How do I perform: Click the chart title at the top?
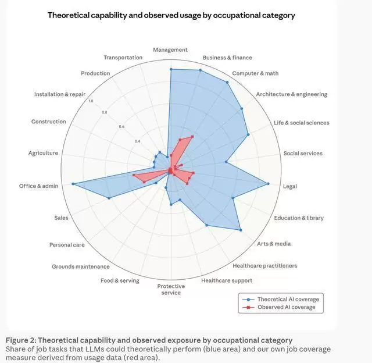click(171, 15)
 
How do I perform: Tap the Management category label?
click(170, 50)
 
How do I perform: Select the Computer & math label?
click(255, 73)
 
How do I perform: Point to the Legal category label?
click(289, 186)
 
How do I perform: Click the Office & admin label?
click(38, 186)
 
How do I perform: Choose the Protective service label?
click(171, 289)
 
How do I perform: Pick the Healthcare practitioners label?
click(264, 266)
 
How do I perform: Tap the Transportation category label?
click(123, 58)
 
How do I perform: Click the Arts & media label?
click(274, 244)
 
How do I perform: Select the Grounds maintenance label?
click(80, 266)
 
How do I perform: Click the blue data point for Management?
click(171, 69)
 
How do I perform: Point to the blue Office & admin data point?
click(73, 184)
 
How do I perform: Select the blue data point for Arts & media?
click(241, 230)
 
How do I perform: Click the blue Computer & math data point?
click(227, 82)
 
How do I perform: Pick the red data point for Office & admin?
click(134, 175)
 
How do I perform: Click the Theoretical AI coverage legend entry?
click(287, 300)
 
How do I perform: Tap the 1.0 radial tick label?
click(90, 101)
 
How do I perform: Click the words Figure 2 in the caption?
click(20, 340)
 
